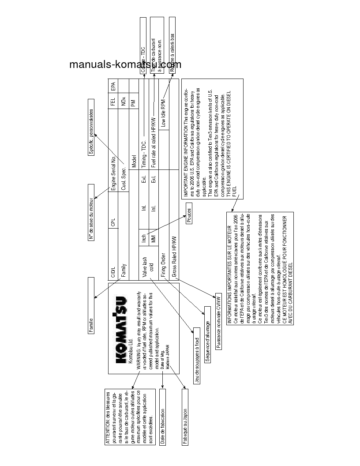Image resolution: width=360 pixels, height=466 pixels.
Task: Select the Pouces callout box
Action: [188, 216]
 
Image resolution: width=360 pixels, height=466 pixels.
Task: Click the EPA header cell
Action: [113, 86]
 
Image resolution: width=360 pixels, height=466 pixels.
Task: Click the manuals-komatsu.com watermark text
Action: [125, 65]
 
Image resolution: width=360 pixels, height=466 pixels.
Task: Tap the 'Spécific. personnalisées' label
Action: [91, 132]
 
